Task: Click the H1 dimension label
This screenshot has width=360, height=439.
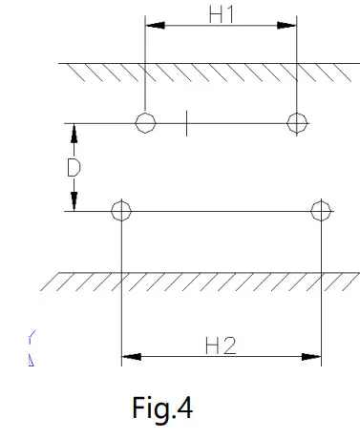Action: click(x=220, y=15)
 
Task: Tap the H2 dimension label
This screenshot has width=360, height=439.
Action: click(x=221, y=345)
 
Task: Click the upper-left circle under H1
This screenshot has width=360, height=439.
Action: click(x=144, y=122)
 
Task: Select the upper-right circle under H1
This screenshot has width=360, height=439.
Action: click(x=297, y=122)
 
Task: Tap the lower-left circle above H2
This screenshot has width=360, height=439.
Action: click(x=119, y=209)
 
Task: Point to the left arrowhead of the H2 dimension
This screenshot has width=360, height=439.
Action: click(x=127, y=357)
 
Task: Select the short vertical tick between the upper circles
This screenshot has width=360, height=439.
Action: click(x=187, y=121)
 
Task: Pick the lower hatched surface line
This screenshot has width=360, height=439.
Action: click(x=191, y=272)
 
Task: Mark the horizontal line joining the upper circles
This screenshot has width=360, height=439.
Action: click(x=229, y=122)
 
